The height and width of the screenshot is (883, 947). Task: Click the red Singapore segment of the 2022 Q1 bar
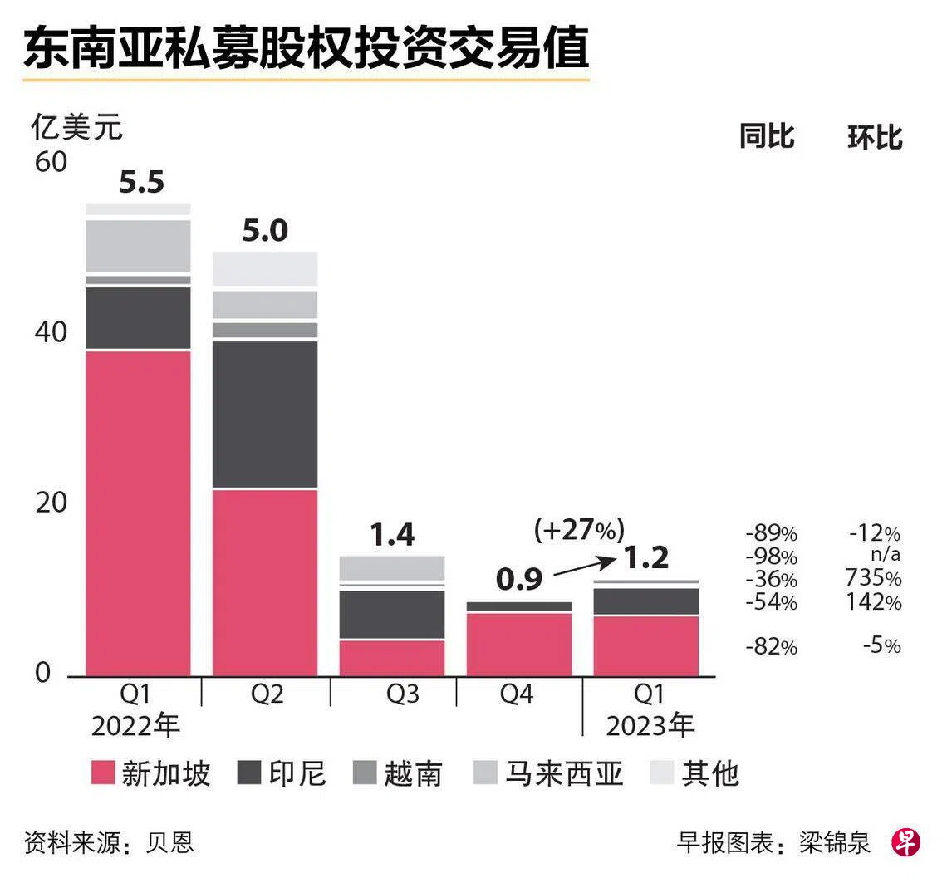(x=138, y=513)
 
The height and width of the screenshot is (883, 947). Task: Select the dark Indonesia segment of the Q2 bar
(x=264, y=415)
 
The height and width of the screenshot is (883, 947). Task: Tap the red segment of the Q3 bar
(x=392, y=659)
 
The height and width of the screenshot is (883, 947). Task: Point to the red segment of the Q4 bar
(x=519, y=645)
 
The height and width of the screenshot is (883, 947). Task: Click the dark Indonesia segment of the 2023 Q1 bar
(x=646, y=601)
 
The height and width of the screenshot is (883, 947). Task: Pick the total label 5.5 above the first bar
(x=141, y=183)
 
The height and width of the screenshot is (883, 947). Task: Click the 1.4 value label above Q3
(x=392, y=535)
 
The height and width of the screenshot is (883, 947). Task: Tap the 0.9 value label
(x=519, y=580)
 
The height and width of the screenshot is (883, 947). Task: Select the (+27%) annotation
(x=579, y=530)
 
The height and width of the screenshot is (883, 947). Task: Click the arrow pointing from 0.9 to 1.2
(x=584, y=567)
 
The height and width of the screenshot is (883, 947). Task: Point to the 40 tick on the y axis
(x=51, y=332)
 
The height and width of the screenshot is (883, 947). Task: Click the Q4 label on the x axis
(x=517, y=694)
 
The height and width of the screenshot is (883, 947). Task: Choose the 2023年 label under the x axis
(x=650, y=726)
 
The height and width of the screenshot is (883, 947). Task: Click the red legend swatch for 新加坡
(x=103, y=773)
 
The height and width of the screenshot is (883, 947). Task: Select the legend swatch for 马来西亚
(x=484, y=773)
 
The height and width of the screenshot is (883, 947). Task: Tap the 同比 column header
(x=767, y=136)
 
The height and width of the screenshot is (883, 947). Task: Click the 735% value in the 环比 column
(x=873, y=578)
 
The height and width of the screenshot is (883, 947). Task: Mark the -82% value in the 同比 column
(x=771, y=647)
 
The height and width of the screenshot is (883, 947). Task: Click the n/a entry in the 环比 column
(x=886, y=554)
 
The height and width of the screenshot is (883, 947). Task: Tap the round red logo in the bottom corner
(x=906, y=842)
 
